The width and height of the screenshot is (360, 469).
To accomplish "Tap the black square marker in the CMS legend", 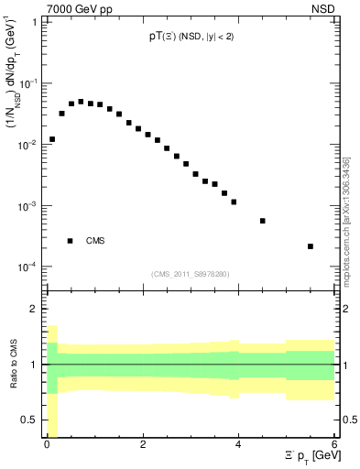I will point(70,241).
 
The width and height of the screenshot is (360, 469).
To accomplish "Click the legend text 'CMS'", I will point(95,241).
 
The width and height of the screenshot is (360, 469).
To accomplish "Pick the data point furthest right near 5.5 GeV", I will point(311,246).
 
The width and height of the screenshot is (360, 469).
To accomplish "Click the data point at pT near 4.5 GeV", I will point(263,221).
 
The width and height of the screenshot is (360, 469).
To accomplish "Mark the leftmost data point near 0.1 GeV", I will point(52,139).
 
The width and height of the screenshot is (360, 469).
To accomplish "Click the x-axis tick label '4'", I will point(238,443).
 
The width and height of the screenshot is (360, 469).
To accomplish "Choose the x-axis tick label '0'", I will point(47,443).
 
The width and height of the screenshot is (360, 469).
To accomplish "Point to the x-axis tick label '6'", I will point(333,443).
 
